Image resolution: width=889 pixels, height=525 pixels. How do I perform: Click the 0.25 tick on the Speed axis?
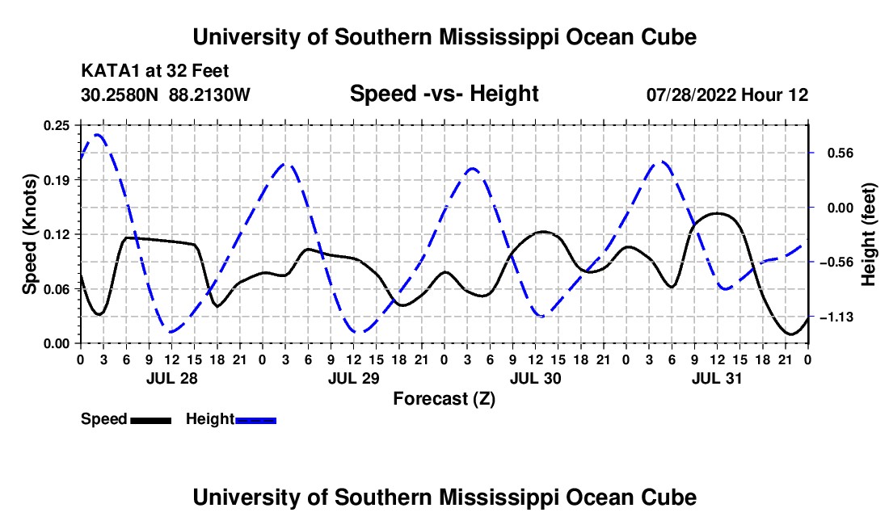click(x=56, y=125)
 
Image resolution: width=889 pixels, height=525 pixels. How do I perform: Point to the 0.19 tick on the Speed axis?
click(x=56, y=180)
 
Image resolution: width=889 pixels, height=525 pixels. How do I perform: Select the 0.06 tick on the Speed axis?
click(x=56, y=289)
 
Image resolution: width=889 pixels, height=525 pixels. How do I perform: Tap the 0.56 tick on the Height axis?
click(x=841, y=153)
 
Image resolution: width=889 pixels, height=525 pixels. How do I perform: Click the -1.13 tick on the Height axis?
click(x=836, y=317)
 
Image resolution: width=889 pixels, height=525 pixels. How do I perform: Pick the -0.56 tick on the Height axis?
click(x=836, y=262)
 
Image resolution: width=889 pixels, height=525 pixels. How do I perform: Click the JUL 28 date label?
click(x=172, y=378)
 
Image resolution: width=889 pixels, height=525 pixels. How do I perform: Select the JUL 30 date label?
click(x=535, y=378)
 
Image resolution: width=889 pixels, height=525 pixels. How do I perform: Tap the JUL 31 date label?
click(x=717, y=378)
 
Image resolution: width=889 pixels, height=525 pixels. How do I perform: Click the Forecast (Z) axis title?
click(x=444, y=399)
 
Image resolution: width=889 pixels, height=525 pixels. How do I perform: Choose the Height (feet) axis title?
click(x=868, y=234)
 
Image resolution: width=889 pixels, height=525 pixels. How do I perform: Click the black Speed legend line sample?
click(x=151, y=421)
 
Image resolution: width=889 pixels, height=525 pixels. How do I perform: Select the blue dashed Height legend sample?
click(x=255, y=421)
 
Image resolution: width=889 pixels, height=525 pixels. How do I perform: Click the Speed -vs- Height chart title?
click(x=444, y=94)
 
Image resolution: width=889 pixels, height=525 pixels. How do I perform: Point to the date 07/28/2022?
click(x=691, y=94)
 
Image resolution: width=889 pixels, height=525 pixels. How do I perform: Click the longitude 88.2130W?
click(x=209, y=94)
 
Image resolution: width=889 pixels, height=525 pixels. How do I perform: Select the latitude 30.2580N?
click(x=120, y=94)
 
